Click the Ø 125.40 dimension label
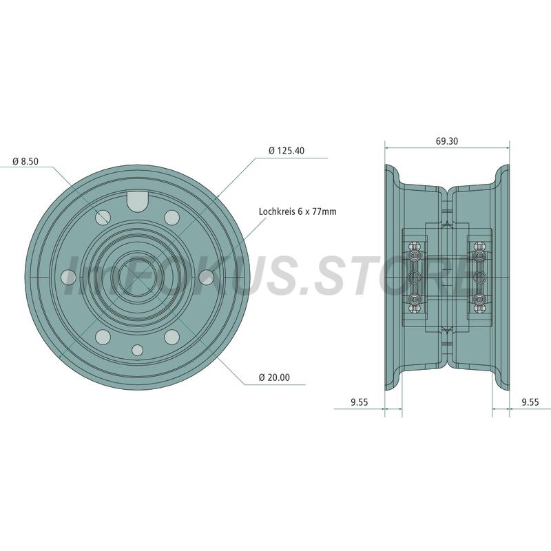(287, 151)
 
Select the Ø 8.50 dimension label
(25, 161)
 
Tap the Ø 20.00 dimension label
(274, 377)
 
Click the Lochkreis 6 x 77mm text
(298, 211)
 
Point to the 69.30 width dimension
(447, 141)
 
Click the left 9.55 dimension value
(359, 402)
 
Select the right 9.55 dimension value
(530, 402)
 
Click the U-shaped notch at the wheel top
(137, 201)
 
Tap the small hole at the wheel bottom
(137, 351)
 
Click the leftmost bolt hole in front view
(68, 278)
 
